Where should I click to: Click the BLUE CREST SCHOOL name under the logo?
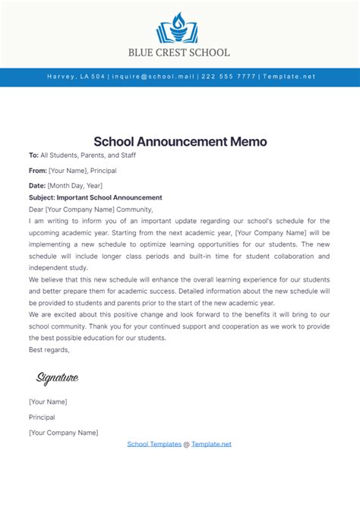click(x=180, y=53)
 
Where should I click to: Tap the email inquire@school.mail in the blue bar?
click(x=153, y=77)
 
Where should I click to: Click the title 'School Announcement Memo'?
click(x=180, y=142)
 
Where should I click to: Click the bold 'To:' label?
click(x=33, y=156)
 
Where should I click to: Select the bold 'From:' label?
click(x=38, y=172)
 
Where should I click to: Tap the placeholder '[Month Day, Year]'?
click(x=74, y=186)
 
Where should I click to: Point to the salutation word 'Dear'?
click(x=36, y=209)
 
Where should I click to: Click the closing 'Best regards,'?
click(x=49, y=350)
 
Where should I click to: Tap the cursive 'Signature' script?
click(x=57, y=378)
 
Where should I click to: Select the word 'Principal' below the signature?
click(x=43, y=417)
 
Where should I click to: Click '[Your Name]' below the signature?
click(x=48, y=401)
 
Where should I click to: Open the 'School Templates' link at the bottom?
click(x=154, y=444)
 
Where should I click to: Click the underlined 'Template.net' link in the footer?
click(x=211, y=444)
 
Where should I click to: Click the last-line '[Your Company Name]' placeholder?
click(x=63, y=433)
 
